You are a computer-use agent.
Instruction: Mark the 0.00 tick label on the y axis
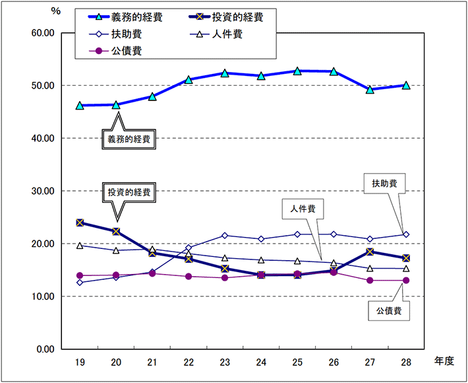click(45, 349)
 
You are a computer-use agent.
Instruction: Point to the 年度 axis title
click(444, 361)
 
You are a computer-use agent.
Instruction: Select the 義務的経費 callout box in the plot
click(129, 140)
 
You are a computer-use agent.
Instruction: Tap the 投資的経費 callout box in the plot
click(129, 192)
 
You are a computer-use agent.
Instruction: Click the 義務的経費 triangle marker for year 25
click(297, 71)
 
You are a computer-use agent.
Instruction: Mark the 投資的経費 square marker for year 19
click(80, 223)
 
